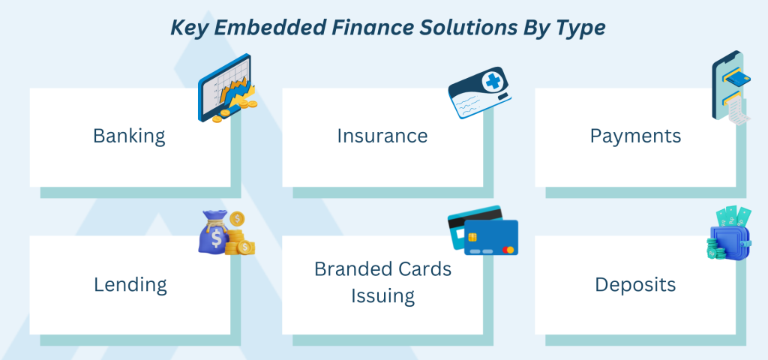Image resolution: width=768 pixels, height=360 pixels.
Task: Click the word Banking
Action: pyautogui.click(x=129, y=136)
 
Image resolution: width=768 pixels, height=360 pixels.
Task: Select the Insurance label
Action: pyautogui.click(x=382, y=136)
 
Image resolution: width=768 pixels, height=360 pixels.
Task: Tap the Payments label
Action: pyautogui.click(x=635, y=136)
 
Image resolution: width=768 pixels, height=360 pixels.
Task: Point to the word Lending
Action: pyautogui.click(x=130, y=284)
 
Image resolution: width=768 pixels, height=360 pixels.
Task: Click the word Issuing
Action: pyautogui.click(x=382, y=295)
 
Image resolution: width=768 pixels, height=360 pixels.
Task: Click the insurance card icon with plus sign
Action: pyautogui.click(x=479, y=92)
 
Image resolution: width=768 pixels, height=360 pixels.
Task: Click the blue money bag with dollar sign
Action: pyautogui.click(x=213, y=232)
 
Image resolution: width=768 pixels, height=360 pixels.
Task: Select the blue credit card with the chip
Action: pyautogui.click(x=490, y=238)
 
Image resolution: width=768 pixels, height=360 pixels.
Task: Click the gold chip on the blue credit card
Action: pyautogui.click(x=472, y=237)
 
